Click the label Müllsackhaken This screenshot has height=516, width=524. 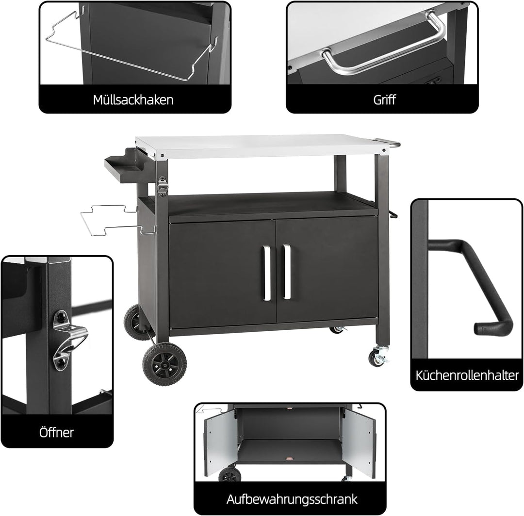133,100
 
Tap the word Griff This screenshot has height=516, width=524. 384,99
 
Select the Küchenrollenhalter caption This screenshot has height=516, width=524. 467,375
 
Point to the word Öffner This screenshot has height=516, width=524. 56,432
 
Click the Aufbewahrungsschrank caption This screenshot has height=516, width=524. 292,499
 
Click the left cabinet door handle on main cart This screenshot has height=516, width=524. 266,273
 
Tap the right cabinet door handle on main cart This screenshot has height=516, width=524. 287,272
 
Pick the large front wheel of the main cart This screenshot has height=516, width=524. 164,364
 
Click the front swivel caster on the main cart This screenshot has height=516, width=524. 378,356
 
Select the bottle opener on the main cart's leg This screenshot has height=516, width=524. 163,186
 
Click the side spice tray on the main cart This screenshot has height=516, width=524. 125,166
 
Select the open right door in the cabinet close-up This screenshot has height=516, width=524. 359,442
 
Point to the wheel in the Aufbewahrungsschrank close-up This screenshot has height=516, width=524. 229,475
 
